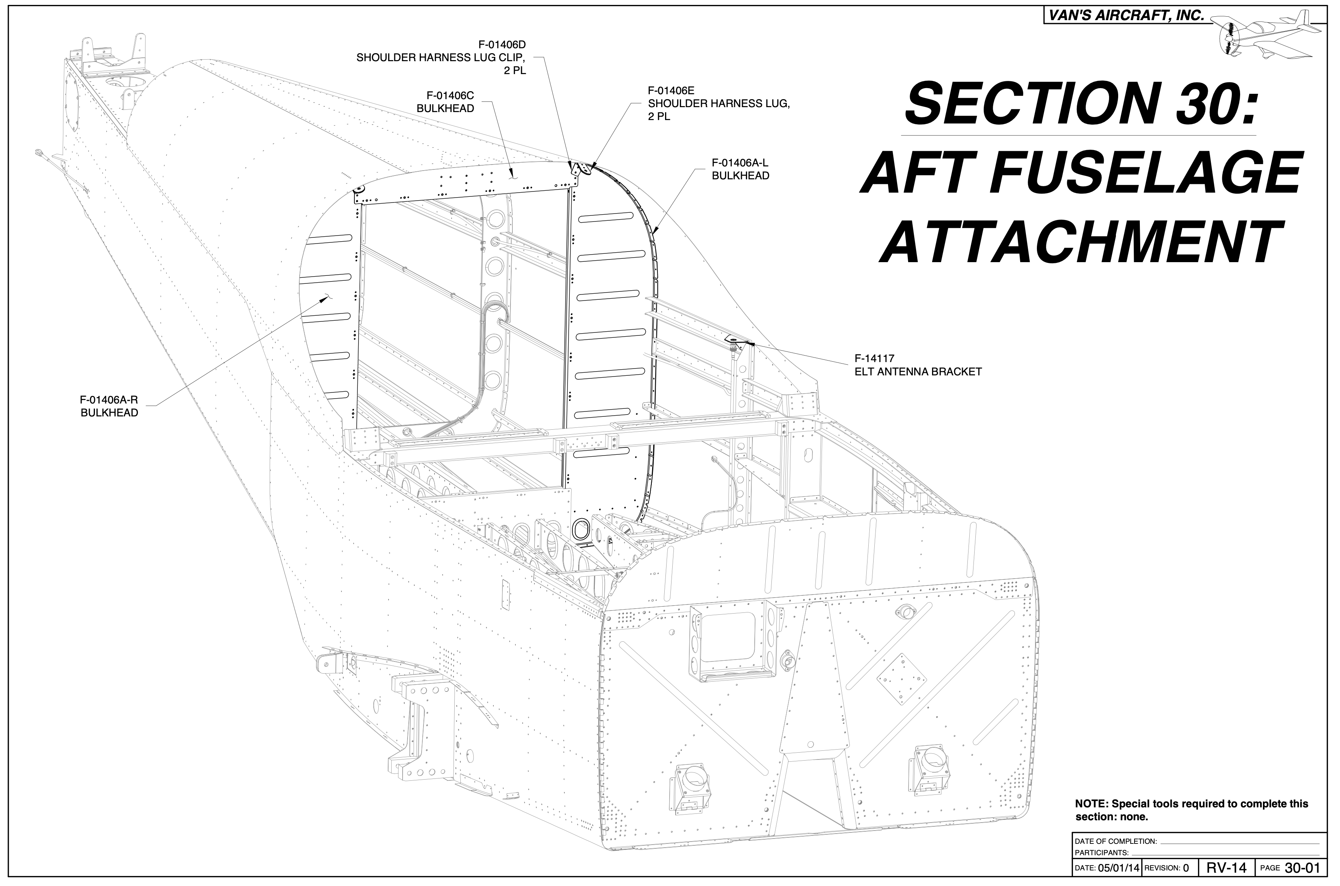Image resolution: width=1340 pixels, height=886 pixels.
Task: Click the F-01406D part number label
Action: [x=502, y=44]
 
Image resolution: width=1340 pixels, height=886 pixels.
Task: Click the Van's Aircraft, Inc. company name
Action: [x=1124, y=16]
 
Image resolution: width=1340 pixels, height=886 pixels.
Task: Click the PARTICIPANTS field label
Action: [x=1101, y=853]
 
